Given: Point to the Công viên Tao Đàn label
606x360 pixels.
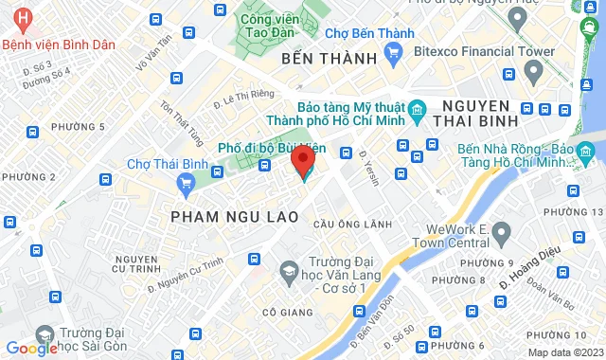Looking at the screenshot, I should pyautogui.click(x=265, y=23).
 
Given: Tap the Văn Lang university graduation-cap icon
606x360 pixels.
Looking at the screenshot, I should pyautogui.click(x=286, y=273).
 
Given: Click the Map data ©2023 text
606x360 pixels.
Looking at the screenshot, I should pyautogui.click(x=564, y=352).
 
